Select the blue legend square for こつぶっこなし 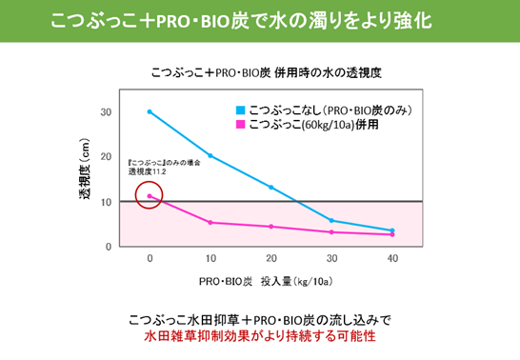242,110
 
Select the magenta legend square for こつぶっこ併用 242,124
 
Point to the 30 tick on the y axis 107,111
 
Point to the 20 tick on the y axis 107,157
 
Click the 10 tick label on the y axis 107,202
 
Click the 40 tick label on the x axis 391,260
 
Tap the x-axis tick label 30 331,260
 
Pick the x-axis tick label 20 271,260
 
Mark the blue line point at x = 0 150,111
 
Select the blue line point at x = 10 210,155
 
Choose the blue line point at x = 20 271,188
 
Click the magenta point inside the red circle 150,196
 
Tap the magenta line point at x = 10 210,223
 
